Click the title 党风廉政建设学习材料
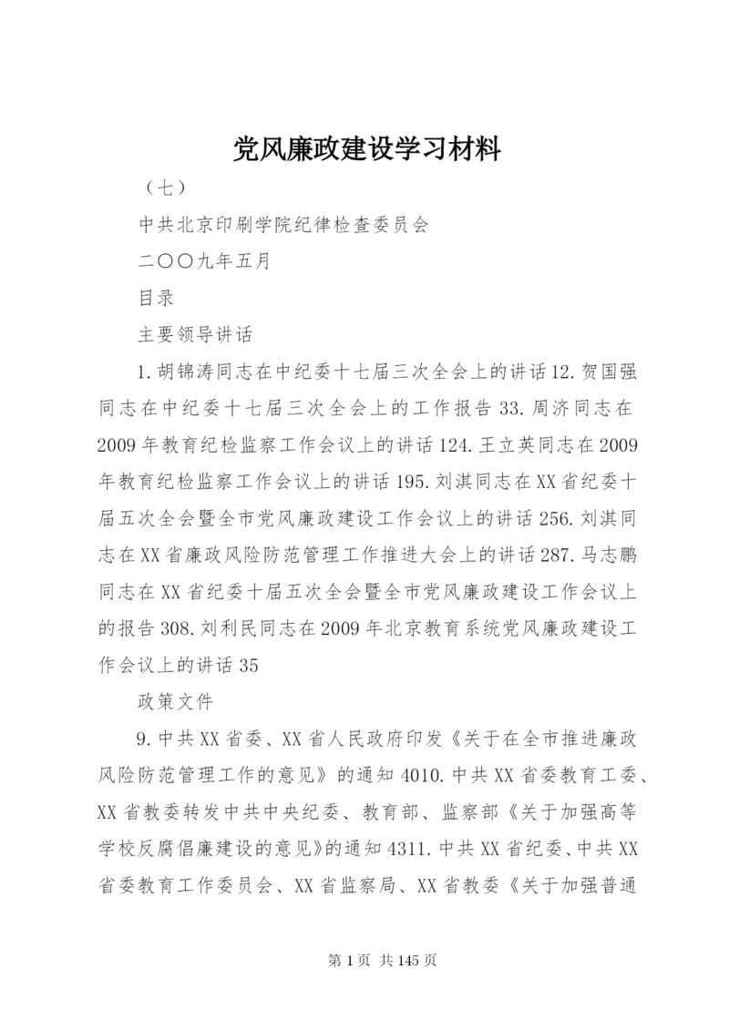pyautogui.click(x=364, y=148)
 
